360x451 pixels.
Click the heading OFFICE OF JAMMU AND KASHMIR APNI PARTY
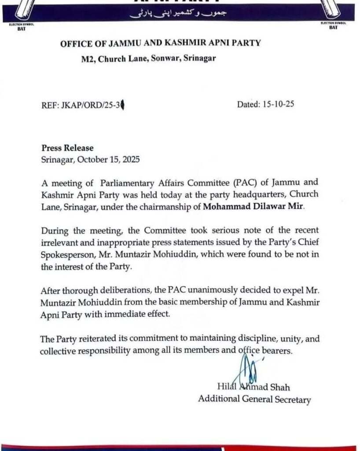(x=160, y=43)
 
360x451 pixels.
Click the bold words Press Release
(x=67, y=148)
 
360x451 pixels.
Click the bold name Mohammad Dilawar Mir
(x=253, y=206)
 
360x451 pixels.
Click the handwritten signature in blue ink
(x=247, y=371)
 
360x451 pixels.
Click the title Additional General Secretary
(x=254, y=399)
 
